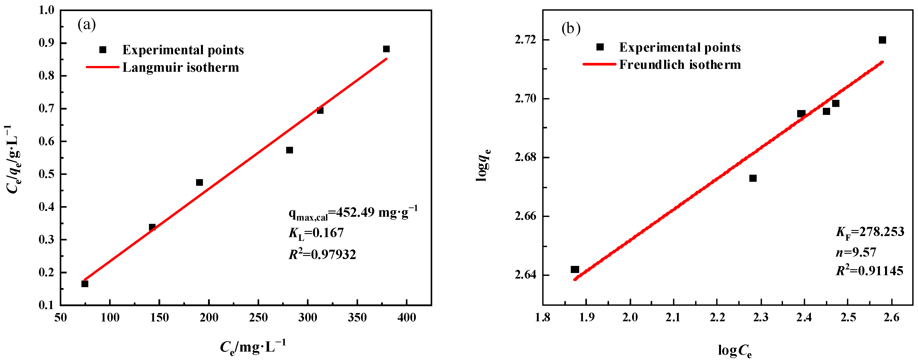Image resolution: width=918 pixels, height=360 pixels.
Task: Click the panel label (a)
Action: pyautogui.click(x=87, y=25)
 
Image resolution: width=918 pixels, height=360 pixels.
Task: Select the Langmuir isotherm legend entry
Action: pyautogui.click(x=180, y=67)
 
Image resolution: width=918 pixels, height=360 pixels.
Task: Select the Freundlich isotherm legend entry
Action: pyautogui.click(x=680, y=64)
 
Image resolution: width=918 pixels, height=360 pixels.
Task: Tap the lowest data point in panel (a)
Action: pyautogui.click(x=85, y=284)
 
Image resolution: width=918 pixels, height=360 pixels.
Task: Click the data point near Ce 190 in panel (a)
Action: pyautogui.click(x=200, y=182)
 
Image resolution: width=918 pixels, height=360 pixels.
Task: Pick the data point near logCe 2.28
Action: pyautogui.click(x=753, y=178)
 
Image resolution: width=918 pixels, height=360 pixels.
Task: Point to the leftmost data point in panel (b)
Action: pyautogui.click(x=575, y=269)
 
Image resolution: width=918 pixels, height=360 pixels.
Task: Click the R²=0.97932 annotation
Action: pyautogui.click(x=322, y=254)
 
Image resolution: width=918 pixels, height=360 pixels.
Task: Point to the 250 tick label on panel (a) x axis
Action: pyautogui.click(x=258, y=317)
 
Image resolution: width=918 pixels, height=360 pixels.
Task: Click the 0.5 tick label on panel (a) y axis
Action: pyautogui.click(x=46, y=174)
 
